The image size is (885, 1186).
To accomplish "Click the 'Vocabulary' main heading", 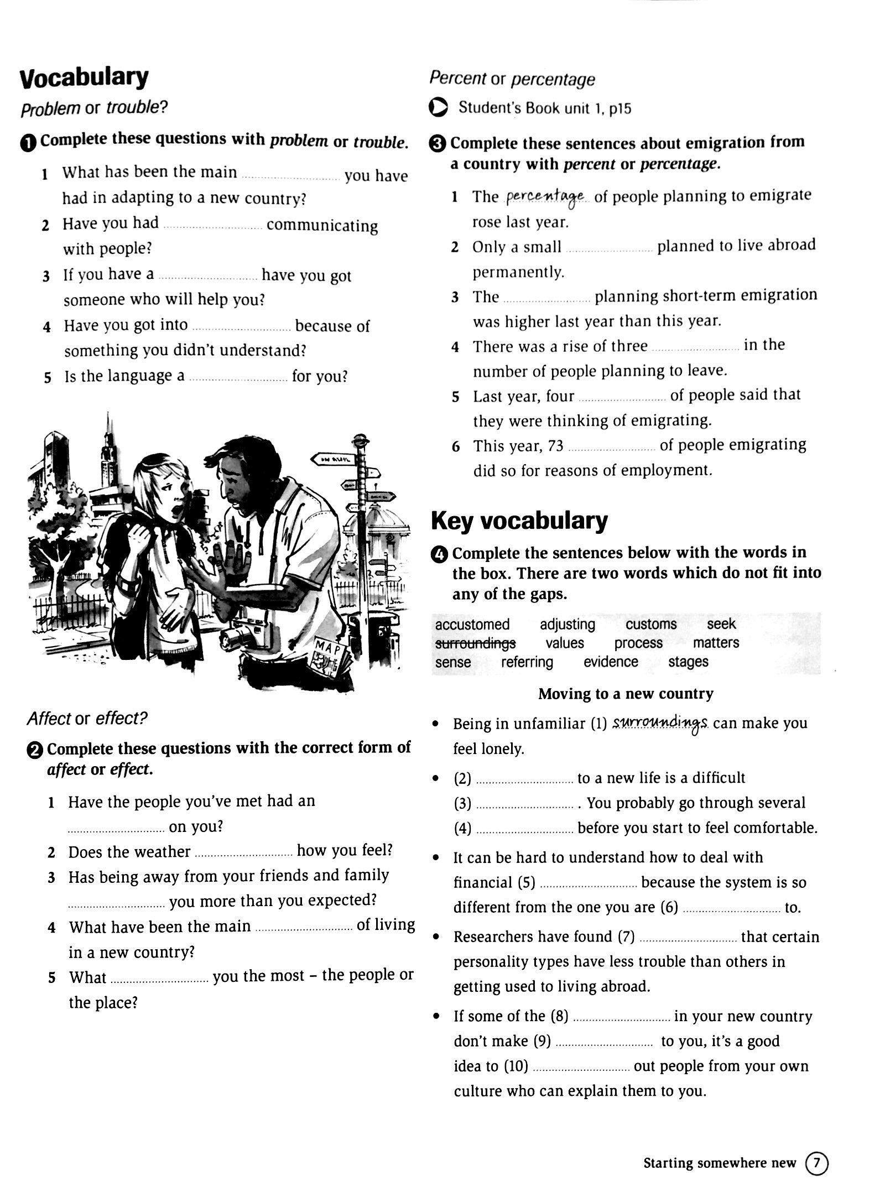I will [84, 78].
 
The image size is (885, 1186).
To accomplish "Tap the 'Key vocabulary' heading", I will [519, 521].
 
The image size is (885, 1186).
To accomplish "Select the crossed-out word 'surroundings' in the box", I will [475, 643].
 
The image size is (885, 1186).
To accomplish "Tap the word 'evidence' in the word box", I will [611, 662].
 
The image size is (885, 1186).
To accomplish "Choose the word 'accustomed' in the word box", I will [472, 625].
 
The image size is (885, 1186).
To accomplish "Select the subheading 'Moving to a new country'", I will [626, 694].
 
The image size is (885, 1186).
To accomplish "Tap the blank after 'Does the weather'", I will [243, 852].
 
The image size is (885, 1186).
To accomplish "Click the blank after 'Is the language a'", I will [238, 378].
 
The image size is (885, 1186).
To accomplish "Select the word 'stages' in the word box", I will [688, 662].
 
